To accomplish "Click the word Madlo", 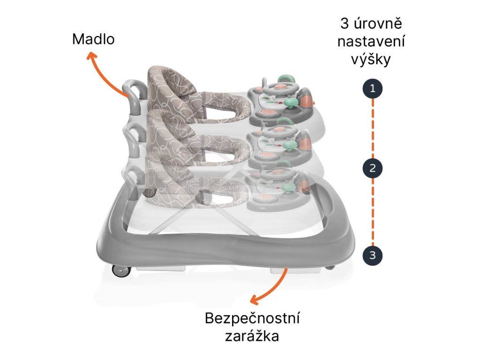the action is [93, 39].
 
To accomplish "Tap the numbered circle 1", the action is [372, 89].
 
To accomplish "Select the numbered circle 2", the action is [372, 168].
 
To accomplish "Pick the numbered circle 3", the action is [372, 255].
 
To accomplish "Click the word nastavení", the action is [371, 41].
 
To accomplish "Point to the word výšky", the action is [371, 59].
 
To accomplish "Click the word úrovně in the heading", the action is [378, 23].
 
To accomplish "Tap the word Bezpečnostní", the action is [252, 318].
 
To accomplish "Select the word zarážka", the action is [252, 336].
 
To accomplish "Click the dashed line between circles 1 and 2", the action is [373, 128].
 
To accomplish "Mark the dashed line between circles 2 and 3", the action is [373, 211].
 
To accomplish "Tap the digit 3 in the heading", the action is [345, 23].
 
